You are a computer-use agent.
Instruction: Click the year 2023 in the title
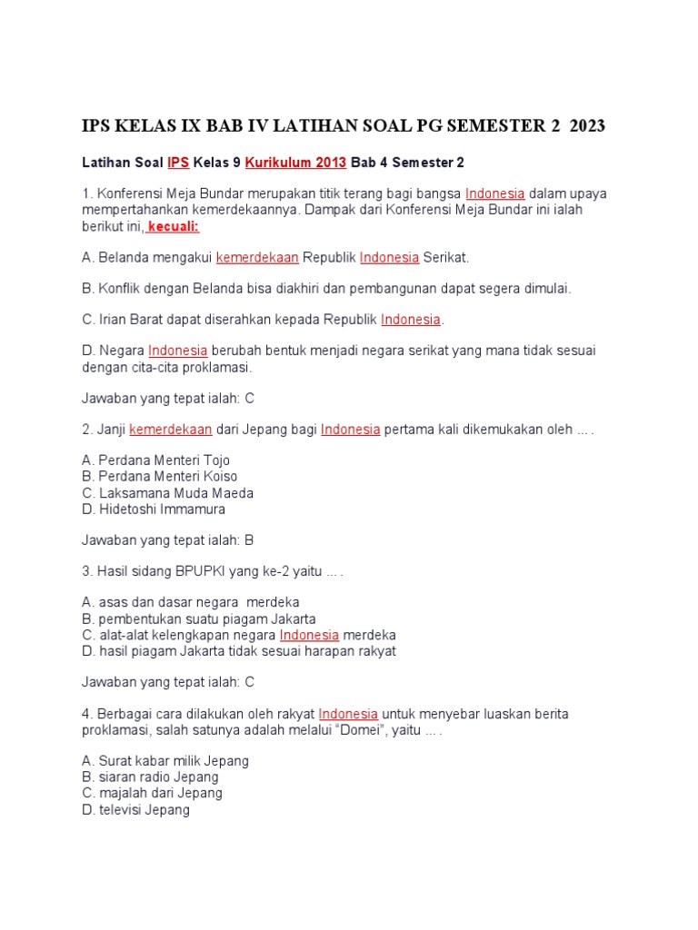587,126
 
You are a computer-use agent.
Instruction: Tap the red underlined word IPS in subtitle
178,163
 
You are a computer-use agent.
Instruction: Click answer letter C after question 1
250,398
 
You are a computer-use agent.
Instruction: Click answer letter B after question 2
249,539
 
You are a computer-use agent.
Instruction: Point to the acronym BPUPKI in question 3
205,571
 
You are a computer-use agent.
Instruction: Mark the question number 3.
85,571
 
